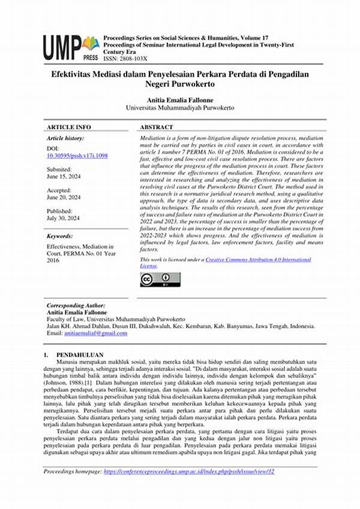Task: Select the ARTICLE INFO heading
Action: coord(68,127)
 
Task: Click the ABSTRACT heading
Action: coord(156,127)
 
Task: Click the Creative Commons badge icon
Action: coord(160,279)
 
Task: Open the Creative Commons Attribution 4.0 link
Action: coord(258,259)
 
